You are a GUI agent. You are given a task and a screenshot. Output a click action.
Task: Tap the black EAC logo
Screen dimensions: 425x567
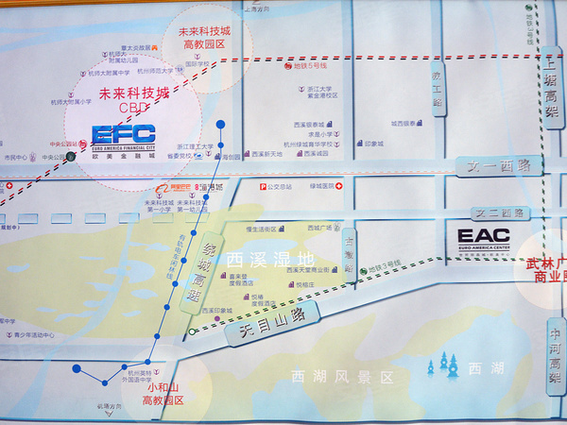[x=483, y=236]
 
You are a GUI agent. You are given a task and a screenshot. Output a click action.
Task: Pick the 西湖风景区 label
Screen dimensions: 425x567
[x=340, y=377]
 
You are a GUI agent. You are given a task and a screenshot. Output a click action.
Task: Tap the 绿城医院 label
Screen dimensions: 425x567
[x=320, y=187]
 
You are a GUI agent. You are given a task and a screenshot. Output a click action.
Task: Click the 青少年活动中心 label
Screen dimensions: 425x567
[x=36, y=333]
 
